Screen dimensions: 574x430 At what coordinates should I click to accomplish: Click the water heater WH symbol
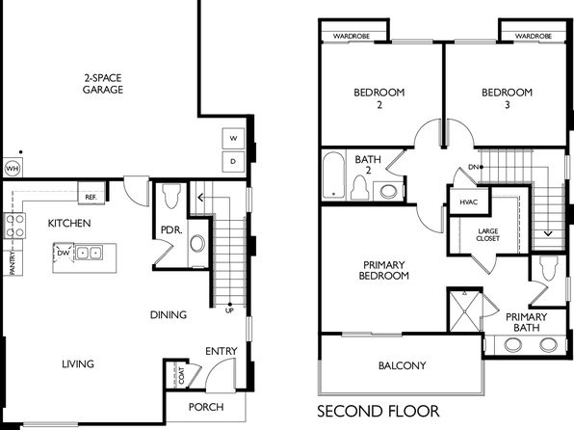(13, 169)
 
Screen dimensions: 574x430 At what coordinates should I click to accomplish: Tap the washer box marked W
(233, 139)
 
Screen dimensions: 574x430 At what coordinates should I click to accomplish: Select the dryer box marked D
(233, 161)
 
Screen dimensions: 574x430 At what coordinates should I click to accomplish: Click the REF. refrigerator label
(91, 198)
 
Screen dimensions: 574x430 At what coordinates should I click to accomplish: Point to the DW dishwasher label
(64, 253)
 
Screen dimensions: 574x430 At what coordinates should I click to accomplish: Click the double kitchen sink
(89, 253)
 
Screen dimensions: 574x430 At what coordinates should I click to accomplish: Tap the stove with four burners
(14, 226)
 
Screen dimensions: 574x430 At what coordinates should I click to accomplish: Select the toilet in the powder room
(171, 196)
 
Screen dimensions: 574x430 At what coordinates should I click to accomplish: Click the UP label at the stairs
(229, 310)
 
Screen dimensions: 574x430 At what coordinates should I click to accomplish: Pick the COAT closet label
(182, 376)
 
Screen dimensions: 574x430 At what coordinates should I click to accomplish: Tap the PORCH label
(206, 407)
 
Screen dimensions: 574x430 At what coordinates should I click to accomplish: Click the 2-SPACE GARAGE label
(103, 84)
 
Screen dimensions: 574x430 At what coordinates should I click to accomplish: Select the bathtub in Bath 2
(333, 175)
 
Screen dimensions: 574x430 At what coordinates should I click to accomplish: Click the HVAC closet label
(469, 202)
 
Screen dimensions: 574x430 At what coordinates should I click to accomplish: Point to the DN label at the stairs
(473, 167)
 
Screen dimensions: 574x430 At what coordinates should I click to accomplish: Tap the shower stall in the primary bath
(464, 311)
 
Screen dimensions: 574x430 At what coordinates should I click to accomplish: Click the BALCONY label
(403, 365)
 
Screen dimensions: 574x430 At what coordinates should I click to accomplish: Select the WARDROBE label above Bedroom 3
(533, 36)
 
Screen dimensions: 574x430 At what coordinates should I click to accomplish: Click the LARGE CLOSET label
(488, 234)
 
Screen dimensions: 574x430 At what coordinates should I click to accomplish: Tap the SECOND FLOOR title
(378, 412)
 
